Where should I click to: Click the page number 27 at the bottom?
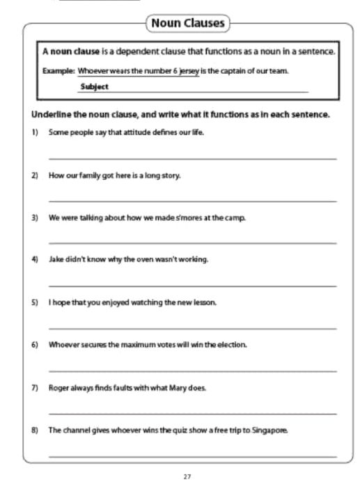[x=187, y=476]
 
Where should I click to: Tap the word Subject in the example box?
[x=95, y=87]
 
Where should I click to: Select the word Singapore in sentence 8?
[x=269, y=430]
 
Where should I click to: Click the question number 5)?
[x=34, y=302]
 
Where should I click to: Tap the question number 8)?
[x=34, y=430]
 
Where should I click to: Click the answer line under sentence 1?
[x=192, y=159]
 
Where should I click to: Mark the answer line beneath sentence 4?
[x=192, y=286]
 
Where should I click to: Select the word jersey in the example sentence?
[x=188, y=71]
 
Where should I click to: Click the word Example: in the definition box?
[x=58, y=71]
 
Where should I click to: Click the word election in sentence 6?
[x=231, y=345]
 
